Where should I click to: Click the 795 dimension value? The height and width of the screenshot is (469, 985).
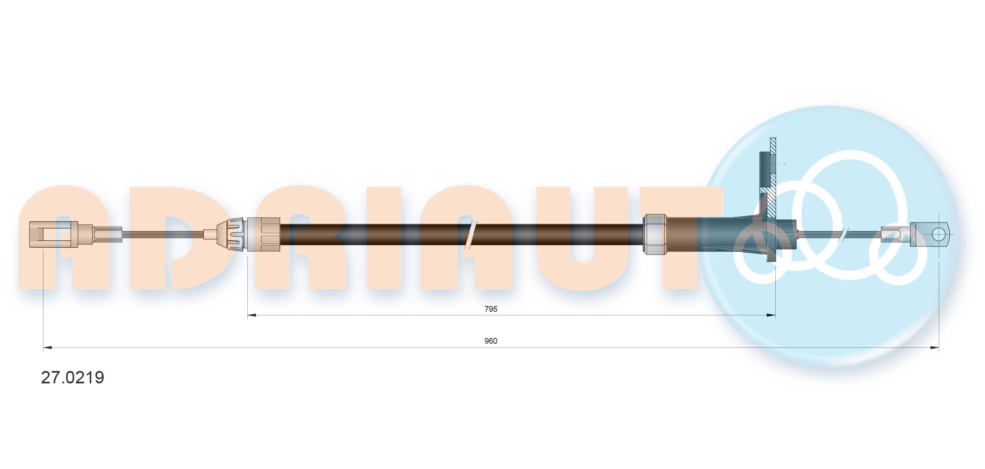coord(491,309)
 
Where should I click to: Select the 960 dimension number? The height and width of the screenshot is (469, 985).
coord(491,341)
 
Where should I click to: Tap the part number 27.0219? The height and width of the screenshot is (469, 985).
coord(72,377)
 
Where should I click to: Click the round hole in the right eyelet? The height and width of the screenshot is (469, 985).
coord(939,234)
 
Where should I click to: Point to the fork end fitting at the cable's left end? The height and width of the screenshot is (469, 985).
coord(54,234)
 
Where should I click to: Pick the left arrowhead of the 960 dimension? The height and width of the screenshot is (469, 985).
coord(48,348)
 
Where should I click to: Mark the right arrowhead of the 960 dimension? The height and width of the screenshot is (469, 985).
coord(934,348)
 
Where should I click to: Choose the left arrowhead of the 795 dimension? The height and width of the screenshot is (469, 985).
coord(252,315)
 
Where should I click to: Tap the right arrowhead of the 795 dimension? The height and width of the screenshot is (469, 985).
coord(770,315)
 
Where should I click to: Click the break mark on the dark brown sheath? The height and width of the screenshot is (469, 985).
coord(471,234)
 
